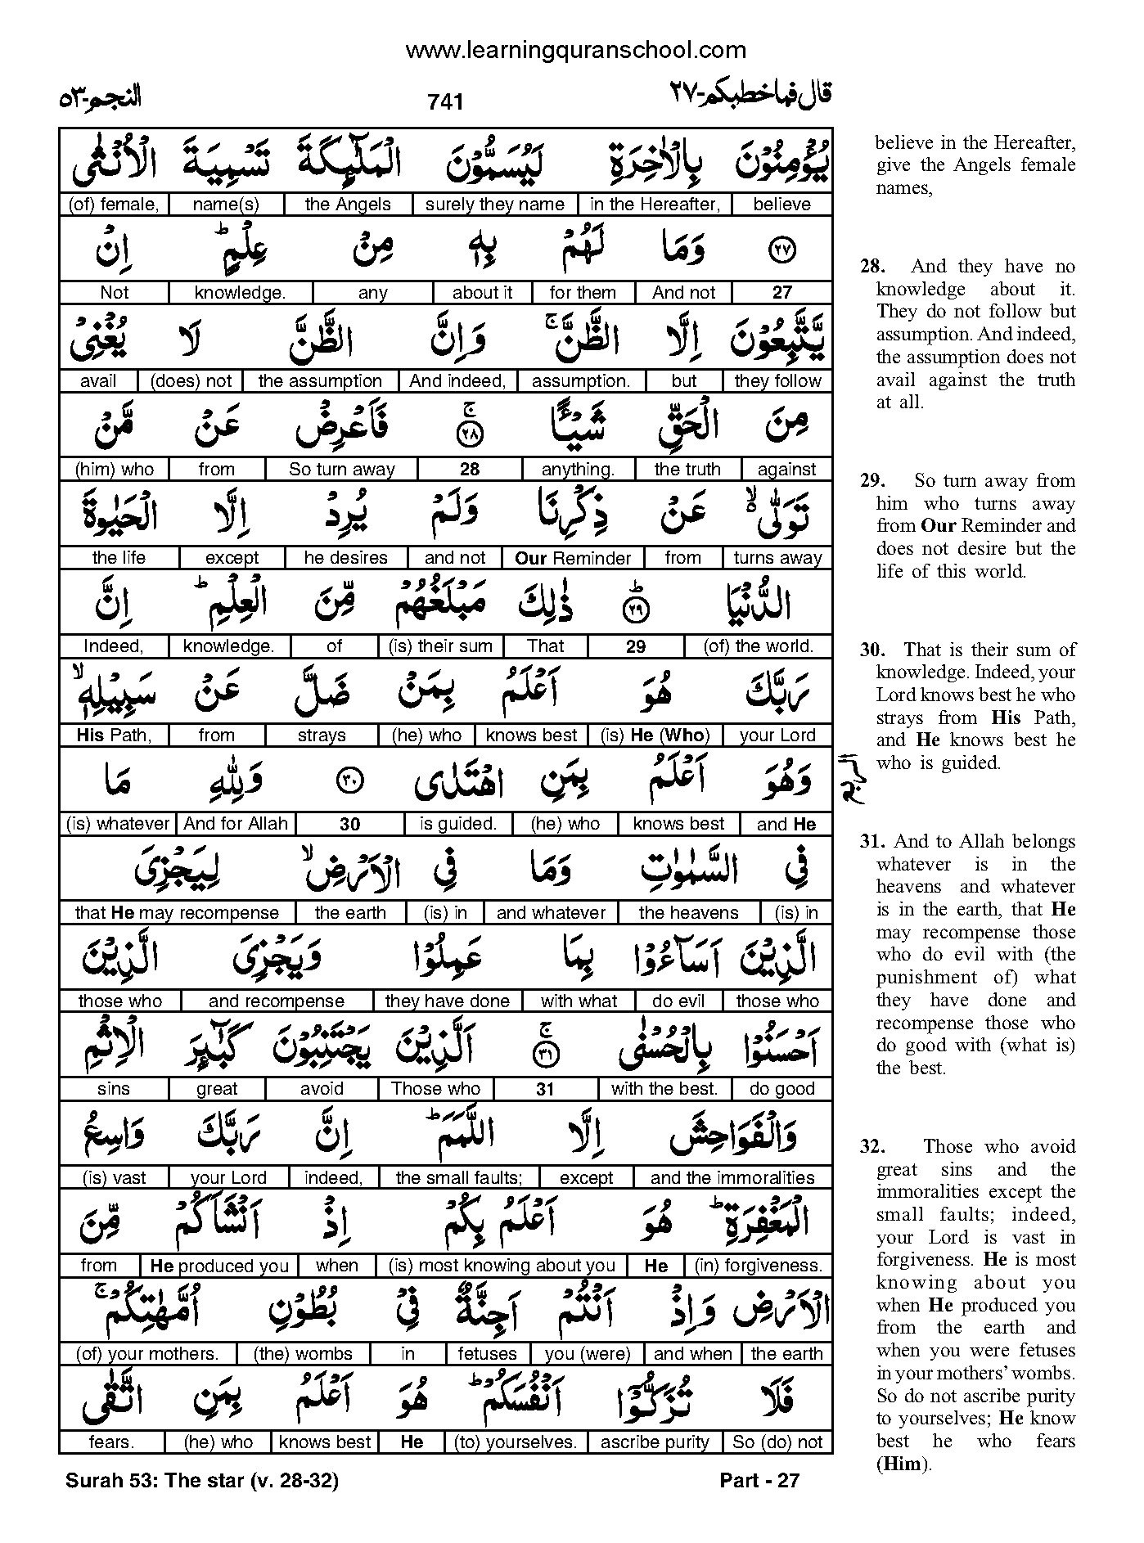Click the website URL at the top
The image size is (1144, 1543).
tap(575, 51)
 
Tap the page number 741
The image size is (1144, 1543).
tap(445, 101)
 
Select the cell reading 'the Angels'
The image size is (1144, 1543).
tap(348, 205)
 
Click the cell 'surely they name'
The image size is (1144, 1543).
tap(494, 205)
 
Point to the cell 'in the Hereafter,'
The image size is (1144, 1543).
tap(655, 205)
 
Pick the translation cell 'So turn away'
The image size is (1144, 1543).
tap(342, 470)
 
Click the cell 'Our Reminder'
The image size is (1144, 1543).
tap(573, 558)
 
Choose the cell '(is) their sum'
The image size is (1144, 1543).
tap(441, 646)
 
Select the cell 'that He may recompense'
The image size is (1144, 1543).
tap(177, 912)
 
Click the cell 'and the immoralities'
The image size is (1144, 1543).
tap(732, 1178)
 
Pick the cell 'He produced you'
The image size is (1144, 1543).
tap(219, 1266)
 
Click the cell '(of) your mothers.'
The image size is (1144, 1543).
tap(147, 1354)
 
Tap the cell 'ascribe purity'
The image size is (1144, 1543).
tap(655, 1442)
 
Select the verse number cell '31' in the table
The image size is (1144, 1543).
tap(545, 1089)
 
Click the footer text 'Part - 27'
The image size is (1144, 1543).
tap(759, 1480)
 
